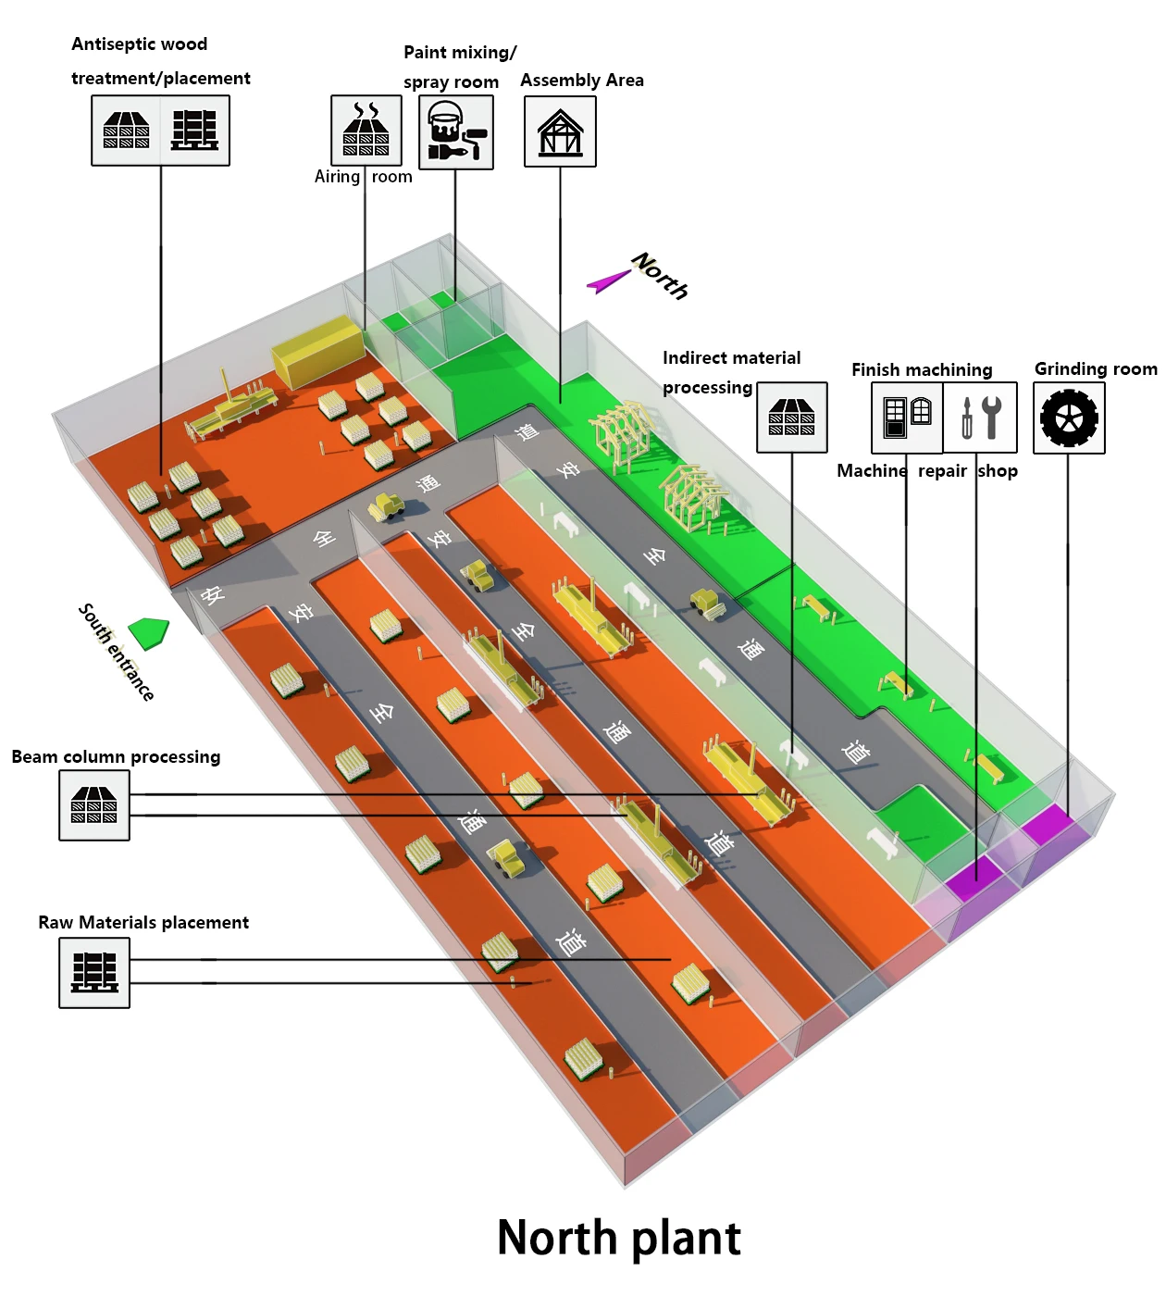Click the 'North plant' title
(618, 1238)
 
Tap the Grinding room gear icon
(1069, 417)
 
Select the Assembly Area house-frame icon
(560, 131)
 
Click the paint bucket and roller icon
(456, 132)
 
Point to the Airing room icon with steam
(366, 131)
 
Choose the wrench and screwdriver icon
(980, 417)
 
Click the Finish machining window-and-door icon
(907, 417)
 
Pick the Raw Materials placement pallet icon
(94, 972)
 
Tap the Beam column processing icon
(94, 805)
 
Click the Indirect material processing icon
(792, 417)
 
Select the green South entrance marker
(149, 632)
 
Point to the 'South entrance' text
(116, 652)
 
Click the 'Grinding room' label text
(1095, 369)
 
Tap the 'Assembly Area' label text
(581, 81)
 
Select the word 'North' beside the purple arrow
(661, 276)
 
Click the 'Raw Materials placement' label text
(143, 923)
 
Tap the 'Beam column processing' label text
(116, 757)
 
